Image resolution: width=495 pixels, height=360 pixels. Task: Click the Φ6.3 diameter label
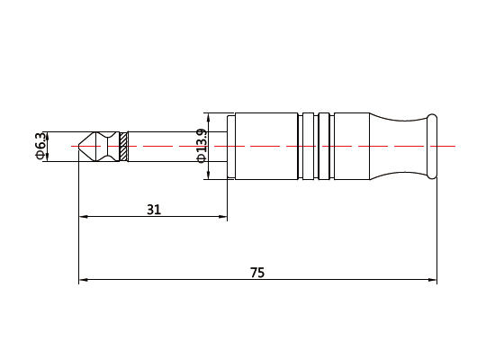[40, 146]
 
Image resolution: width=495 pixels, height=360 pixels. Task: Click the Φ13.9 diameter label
[202, 146]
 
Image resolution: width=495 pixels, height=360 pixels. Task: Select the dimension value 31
[154, 210]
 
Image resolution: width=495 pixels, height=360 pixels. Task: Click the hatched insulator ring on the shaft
[123, 147]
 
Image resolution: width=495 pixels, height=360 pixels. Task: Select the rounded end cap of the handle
[432, 146]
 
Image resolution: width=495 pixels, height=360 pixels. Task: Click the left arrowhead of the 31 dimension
[84, 217]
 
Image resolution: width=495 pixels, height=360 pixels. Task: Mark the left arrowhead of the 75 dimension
[84, 281]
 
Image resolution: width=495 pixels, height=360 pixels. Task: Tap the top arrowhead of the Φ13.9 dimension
[208, 116]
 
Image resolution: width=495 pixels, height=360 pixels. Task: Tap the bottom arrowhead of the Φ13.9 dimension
[208, 175]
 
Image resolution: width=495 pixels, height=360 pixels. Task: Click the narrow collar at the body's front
[230, 146]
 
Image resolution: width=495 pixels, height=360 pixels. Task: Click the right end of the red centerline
[454, 146]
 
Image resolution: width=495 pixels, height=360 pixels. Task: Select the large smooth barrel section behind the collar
[266, 146]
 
